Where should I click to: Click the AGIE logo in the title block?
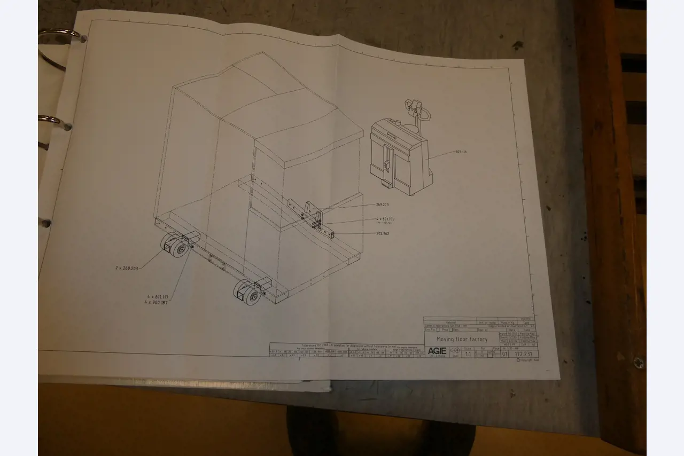click(437, 351)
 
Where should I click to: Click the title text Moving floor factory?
click(462, 339)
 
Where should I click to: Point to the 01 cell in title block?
click(505, 353)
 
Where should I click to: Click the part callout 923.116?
click(460, 152)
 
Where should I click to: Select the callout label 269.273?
click(382, 204)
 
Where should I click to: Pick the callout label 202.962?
click(382, 233)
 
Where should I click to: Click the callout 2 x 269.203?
click(127, 268)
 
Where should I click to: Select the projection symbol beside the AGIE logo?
click(455, 351)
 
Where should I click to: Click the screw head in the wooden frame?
click(638, 363)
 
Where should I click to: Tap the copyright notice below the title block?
click(527, 360)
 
